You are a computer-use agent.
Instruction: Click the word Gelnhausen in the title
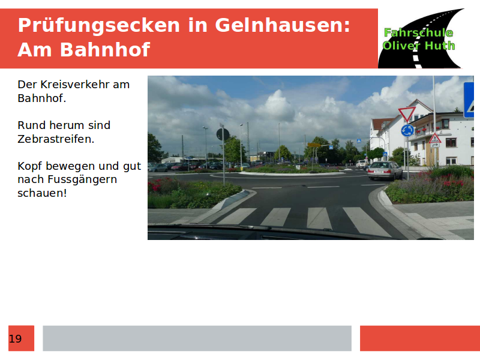[x=283, y=25]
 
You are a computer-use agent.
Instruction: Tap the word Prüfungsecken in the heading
[x=99, y=26]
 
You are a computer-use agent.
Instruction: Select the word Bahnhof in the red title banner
[x=105, y=50]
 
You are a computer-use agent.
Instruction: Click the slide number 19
[x=16, y=339]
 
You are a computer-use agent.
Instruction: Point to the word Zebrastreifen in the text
[x=56, y=139]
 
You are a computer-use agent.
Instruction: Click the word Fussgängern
[x=82, y=180]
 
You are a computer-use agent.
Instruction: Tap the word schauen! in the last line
[x=42, y=193]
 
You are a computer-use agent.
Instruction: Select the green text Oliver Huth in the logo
[x=418, y=46]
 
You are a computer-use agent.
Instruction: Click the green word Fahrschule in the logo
[x=418, y=32]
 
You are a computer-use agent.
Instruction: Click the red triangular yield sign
[x=407, y=115]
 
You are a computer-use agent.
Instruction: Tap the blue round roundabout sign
[x=407, y=131]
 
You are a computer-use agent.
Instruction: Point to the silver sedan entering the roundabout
[x=385, y=170]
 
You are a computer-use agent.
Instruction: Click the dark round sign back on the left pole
[x=223, y=134]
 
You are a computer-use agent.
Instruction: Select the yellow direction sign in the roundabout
[x=314, y=145]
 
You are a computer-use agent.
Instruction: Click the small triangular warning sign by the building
[x=434, y=139]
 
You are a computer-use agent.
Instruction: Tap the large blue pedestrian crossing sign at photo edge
[x=469, y=100]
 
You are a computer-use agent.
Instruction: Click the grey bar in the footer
[x=197, y=338]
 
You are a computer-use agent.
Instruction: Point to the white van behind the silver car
[x=361, y=164]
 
